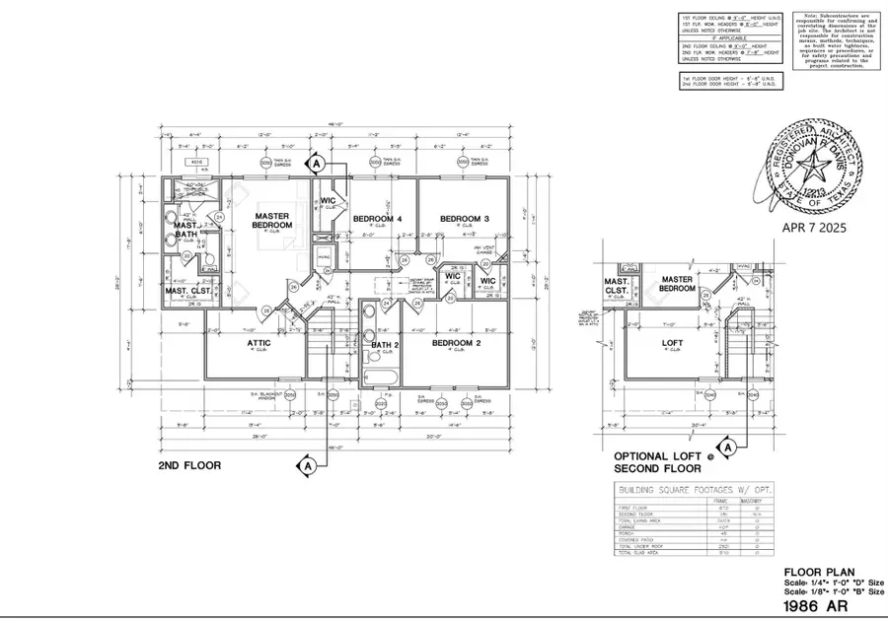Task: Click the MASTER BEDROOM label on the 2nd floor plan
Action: click(x=272, y=220)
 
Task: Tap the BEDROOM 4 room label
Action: click(x=376, y=218)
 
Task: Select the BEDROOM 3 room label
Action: click(x=464, y=218)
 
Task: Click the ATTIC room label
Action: click(x=259, y=343)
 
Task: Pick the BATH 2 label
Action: click(x=383, y=344)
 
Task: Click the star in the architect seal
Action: click(x=812, y=171)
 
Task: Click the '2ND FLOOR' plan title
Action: click(x=189, y=464)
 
